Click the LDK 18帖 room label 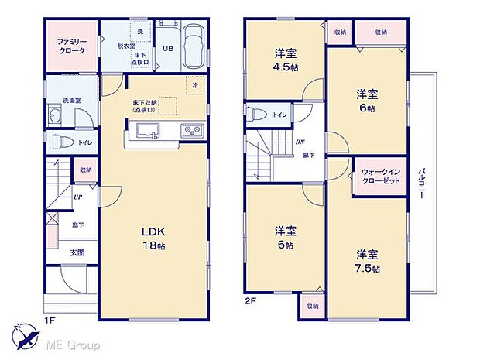point(152,238)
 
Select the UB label point(167,49)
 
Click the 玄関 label point(79,252)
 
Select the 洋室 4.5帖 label point(284,60)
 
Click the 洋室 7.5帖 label point(368,261)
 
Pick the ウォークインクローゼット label point(381,177)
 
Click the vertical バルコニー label point(422,183)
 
